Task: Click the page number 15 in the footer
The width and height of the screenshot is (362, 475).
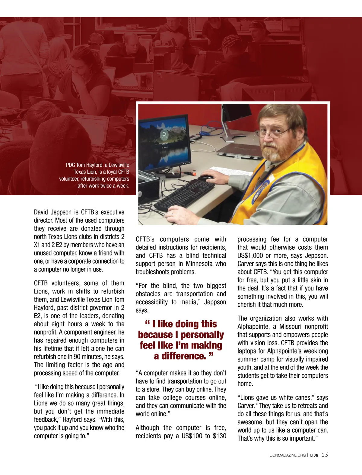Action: coord(325,455)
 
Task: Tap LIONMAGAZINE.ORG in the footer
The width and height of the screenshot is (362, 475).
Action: coord(287,455)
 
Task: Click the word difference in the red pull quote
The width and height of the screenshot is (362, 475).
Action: coord(180,356)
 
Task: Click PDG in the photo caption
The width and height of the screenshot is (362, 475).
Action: coord(70,165)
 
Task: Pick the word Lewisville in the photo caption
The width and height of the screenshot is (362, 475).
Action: coord(119,165)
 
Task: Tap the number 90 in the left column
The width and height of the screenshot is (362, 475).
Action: coord(77,356)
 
